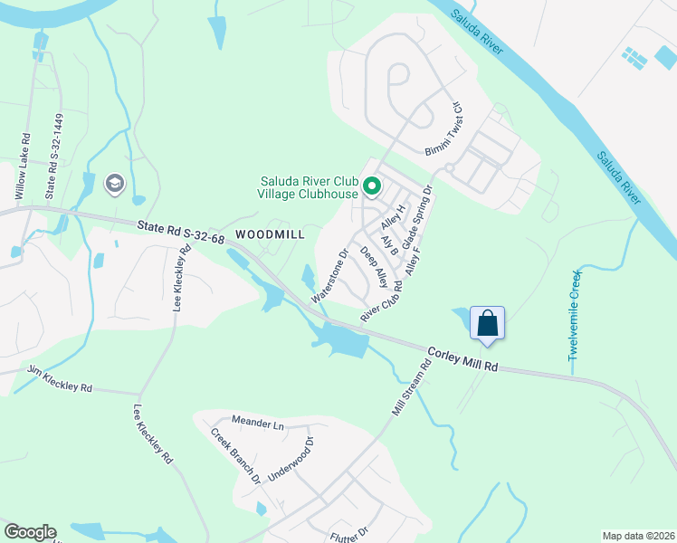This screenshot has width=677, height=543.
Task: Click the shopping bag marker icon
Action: pyautogui.click(x=487, y=323)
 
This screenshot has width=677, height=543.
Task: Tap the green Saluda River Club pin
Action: pyautogui.click(x=371, y=186)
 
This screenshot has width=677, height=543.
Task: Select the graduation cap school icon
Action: pyautogui.click(x=115, y=185)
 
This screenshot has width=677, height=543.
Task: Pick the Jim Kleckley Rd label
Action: pyautogui.click(x=60, y=379)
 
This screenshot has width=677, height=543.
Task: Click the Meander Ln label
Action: pyautogui.click(x=257, y=423)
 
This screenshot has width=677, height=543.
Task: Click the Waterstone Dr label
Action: pyautogui.click(x=330, y=276)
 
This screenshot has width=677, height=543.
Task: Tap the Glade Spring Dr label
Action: pyautogui.click(x=419, y=217)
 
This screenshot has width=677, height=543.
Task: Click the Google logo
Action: pyautogui.click(x=30, y=532)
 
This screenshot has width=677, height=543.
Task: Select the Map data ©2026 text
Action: pyautogui.click(x=638, y=536)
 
